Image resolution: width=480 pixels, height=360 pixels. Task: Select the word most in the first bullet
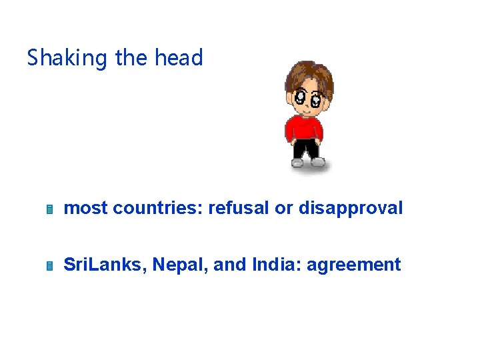point(85,208)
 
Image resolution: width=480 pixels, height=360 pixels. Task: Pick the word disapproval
point(351,209)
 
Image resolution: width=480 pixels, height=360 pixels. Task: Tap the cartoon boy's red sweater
point(305,128)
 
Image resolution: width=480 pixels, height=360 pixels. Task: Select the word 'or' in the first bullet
point(284,208)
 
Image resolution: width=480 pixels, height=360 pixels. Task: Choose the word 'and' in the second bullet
point(231,265)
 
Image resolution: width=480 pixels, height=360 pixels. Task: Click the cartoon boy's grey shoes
point(308,162)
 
